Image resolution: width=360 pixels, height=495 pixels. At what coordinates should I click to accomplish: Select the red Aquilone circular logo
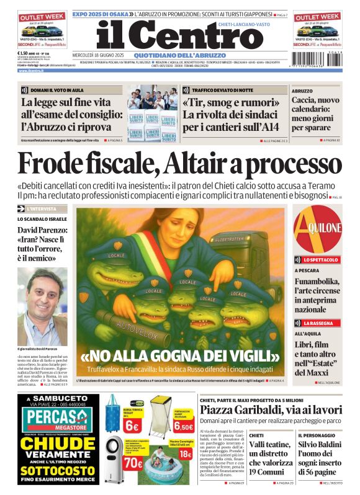(x=317, y=227)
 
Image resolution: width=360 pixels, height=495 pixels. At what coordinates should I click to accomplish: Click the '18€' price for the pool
(x=185, y=454)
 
